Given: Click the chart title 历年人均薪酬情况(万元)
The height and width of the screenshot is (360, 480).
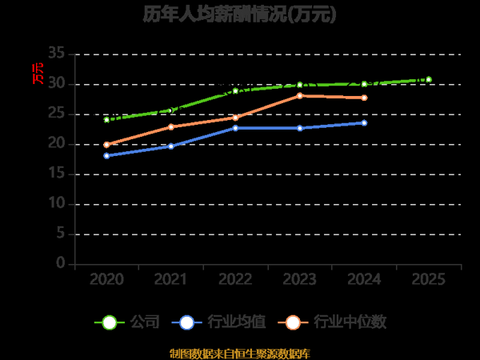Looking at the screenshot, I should point(239,14).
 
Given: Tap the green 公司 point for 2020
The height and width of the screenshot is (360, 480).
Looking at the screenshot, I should point(106,119).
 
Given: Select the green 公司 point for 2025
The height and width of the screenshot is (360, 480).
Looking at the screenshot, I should point(429,79).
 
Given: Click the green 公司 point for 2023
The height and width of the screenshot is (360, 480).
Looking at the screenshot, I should point(300,85).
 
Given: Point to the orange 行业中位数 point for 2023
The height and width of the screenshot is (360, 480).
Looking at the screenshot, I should point(300,96).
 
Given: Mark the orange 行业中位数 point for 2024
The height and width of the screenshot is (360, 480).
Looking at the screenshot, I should point(364,98).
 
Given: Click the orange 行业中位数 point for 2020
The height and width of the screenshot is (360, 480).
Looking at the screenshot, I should point(106,145).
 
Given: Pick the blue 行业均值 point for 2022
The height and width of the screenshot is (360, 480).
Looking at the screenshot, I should point(235,128).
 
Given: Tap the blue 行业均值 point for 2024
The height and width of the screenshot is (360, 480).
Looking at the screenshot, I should point(364,122).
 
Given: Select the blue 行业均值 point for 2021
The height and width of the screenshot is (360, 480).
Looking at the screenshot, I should point(171,146).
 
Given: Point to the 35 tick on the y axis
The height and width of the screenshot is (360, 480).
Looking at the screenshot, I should point(56,54).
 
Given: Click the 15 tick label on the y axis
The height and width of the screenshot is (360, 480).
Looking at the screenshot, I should point(56,174).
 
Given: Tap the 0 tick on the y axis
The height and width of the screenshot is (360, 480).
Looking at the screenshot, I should point(61,264).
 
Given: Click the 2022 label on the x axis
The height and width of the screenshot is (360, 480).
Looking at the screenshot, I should point(235,279).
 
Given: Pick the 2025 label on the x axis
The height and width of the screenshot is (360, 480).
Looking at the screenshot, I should point(429,279).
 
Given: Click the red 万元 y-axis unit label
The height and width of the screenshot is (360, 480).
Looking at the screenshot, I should point(37,73).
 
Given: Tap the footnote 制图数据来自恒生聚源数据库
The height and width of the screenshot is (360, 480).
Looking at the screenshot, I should point(239,353).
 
